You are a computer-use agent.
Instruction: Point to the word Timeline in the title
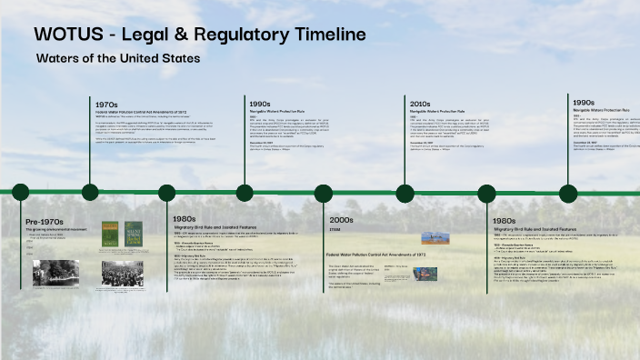[x=329, y=35]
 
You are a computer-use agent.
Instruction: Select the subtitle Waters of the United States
[x=118, y=58]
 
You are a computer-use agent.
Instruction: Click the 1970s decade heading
[x=106, y=105]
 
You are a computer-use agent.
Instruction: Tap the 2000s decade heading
[x=341, y=220]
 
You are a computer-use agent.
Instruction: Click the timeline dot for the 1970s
[x=90, y=192]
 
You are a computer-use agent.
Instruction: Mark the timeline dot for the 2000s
[x=324, y=193]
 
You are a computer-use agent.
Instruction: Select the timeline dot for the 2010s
[x=405, y=193]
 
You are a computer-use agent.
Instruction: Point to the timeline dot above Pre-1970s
[x=19, y=192]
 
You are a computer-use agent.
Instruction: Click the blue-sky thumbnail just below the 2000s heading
[x=434, y=237]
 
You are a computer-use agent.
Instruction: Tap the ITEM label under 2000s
[x=334, y=229]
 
